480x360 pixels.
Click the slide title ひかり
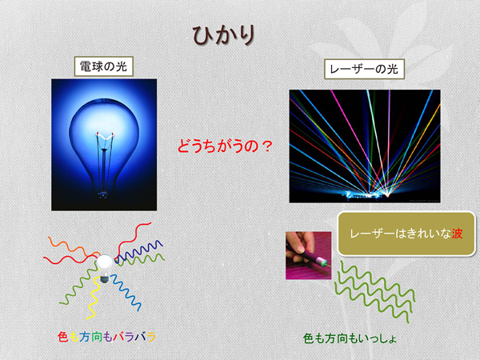(x=224, y=35)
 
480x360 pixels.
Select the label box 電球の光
(x=104, y=66)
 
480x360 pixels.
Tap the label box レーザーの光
(x=364, y=69)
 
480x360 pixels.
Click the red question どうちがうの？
(x=225, y=146)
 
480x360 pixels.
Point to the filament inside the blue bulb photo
(x=105, y=137)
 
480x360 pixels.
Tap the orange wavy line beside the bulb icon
(x=74, y=246)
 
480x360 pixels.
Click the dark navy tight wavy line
(x=139, y=252)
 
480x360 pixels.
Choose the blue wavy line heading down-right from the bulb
(x=126, y=292)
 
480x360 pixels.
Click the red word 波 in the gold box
(x=457, y=234)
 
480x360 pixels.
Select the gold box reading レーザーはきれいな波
(x=406, y=234)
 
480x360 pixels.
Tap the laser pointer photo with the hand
(x=308, y=255)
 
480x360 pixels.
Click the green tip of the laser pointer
(x=322, y=262)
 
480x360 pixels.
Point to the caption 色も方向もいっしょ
(x=350, y=338)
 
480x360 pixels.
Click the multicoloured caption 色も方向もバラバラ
(x=106, y=337)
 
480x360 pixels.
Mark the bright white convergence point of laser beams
(x=387, y=194)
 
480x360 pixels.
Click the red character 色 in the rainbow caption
(x=62, y=337)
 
